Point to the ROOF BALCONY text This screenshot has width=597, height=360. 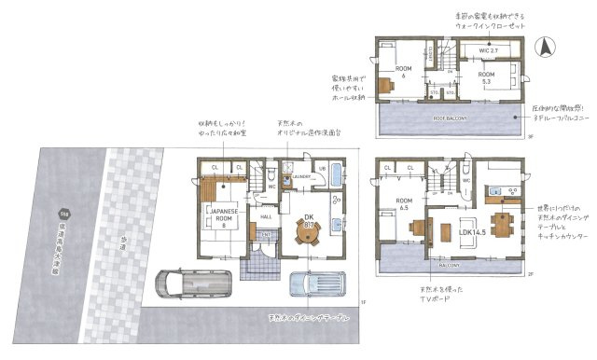pyautogui.click(x=451, y=120)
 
